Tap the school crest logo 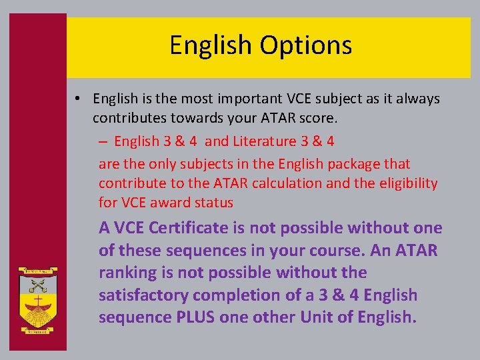click(x=37, y=299)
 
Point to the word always click(x=417, y=99)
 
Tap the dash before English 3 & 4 click(x=105, y=141)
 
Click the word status click(x=214, y=203)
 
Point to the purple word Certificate click(x=189, y=228)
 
